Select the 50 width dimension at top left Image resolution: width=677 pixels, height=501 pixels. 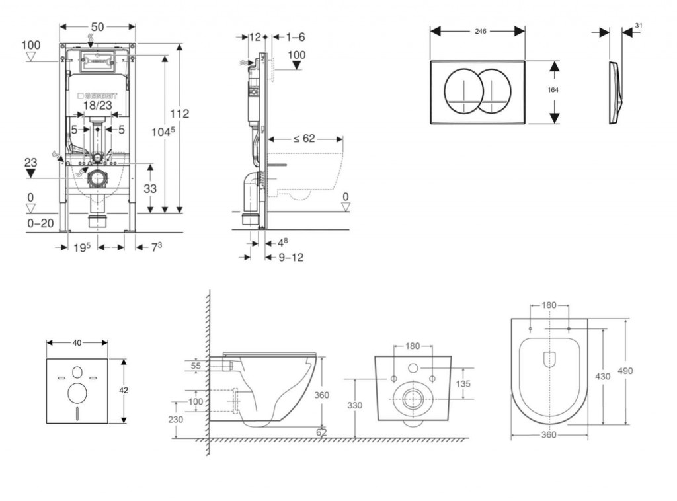pos(97,27)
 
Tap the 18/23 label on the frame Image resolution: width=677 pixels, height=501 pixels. pos(97,104)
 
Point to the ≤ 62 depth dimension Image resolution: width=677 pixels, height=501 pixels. pos(303,139)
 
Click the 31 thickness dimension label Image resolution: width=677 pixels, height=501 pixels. pos(638,25)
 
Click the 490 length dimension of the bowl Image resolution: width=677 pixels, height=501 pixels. pos(625,371)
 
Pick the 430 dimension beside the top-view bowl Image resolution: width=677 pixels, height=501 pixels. pos(602,375)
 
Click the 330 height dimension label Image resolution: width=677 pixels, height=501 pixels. pos(356,405)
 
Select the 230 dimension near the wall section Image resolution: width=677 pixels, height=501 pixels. pos(175,419)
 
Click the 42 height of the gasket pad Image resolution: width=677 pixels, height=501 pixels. pos(124,390)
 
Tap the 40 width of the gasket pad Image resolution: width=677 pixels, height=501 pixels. pos(77,342)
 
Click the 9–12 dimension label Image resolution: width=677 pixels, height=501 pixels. pos(291,258)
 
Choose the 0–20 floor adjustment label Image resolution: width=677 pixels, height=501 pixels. pos(41,224)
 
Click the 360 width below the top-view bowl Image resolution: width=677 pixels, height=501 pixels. pos(548,434)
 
